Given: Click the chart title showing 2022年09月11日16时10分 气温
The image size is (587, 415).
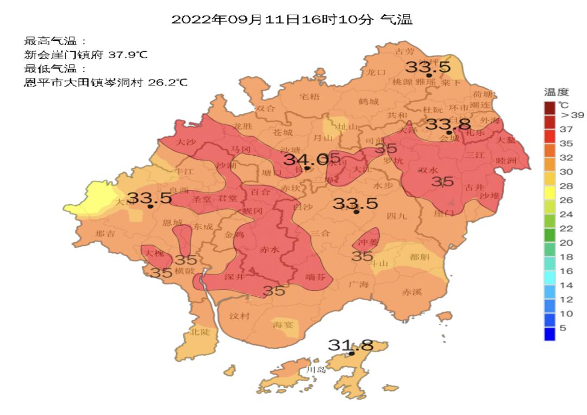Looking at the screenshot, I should coord(292,20).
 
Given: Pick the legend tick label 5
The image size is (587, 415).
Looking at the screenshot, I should coord(564,328).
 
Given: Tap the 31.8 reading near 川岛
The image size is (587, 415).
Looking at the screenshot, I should coord(351,345).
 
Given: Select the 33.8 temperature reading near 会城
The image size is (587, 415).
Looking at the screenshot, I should coord(447,124).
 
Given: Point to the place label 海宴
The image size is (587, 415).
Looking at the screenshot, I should coord(282,325).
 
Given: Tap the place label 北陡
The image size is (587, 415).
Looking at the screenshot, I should coord(199,332).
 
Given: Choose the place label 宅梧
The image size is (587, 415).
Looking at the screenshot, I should coord(310,97).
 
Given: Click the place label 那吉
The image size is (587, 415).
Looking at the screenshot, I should coord(105,234).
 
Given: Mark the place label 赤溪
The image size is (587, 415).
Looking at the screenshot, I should coord(411,292).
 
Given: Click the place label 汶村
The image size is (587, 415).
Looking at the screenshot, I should coord(239,316).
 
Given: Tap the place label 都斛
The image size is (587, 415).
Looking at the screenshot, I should coord(420,257).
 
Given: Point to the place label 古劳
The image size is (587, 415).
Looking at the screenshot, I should coord(404,52).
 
